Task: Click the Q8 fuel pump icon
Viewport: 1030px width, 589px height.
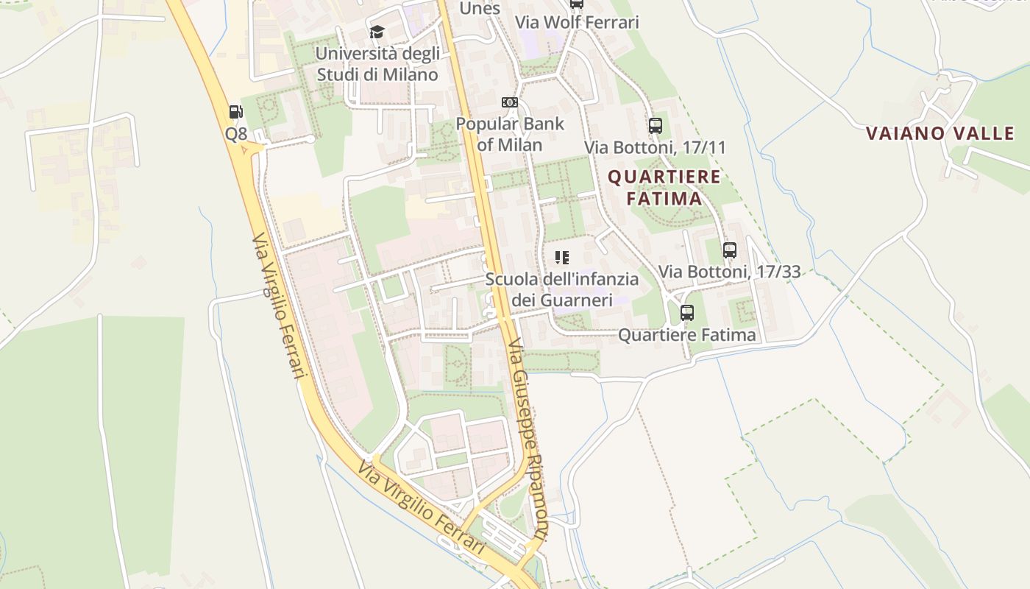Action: (235, 112)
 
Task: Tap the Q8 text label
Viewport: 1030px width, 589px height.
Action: (236, 134)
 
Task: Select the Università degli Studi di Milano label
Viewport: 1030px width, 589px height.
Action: (377, 64)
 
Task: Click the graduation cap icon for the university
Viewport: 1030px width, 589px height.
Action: (377, 32)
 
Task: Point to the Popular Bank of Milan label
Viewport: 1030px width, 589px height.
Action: (510, 133)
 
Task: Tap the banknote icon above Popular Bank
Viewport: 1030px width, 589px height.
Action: (509, 102)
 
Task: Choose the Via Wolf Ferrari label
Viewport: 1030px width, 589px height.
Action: (577, 22)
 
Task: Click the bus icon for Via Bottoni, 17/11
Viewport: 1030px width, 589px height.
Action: (656, 125)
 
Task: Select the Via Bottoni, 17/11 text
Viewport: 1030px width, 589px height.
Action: (655, 147)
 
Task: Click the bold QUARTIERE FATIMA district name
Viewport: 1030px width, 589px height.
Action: (664, 188)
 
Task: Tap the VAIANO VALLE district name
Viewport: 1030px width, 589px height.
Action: (940, 133)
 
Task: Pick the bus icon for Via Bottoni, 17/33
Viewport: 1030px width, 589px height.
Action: (729, 250)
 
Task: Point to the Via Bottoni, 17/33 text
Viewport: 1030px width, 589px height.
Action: (729, 272)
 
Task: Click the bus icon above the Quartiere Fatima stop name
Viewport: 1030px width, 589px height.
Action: (687, 313)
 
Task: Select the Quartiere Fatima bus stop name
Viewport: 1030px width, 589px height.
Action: (686, 335)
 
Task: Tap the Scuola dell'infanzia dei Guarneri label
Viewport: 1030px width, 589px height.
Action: (562, 289)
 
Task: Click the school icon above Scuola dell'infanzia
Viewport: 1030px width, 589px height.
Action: (562, 258)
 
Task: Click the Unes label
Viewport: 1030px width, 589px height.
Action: (480, 9)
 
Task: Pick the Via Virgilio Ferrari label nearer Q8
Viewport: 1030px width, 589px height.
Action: (279, 306)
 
